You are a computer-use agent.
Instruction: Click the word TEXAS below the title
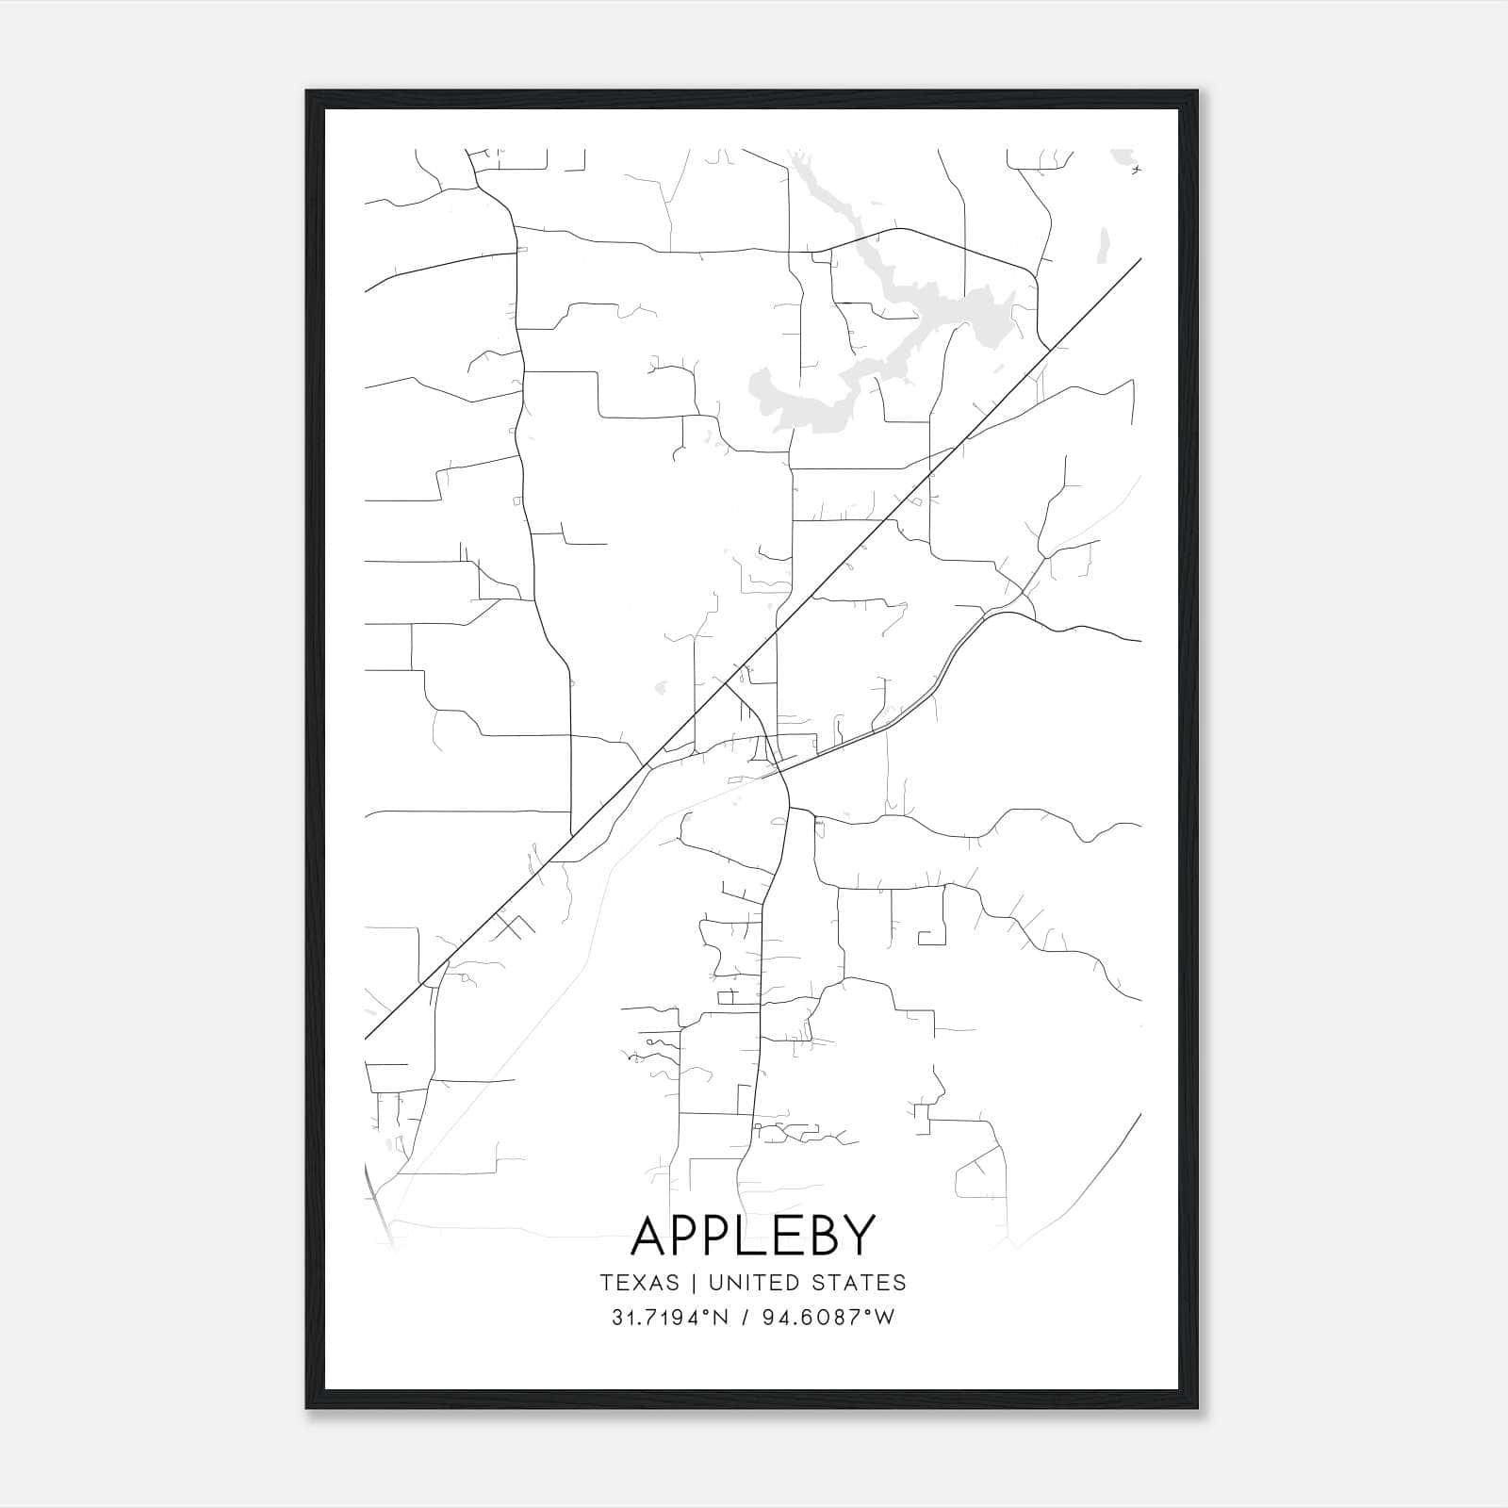[x=639, y=1282]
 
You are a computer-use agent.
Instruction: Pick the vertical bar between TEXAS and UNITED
[x=694, y=1282]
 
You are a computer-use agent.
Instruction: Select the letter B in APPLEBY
[x=819, y=1235]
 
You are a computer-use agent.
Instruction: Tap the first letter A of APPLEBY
[x=651, y=1235]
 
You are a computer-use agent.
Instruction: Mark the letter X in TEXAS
[x=641, y=1282]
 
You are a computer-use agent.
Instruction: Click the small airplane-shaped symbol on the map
[x=1137, y=171]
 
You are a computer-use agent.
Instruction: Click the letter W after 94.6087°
[x=884, y=1318]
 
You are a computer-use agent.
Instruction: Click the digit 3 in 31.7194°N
[x=617, y=1318]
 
